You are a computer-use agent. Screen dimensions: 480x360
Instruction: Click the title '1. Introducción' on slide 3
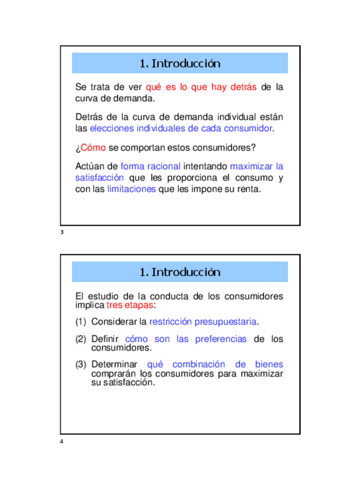(x=179, y=63)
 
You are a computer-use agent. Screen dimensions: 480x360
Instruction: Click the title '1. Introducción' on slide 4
(x=179, y=272)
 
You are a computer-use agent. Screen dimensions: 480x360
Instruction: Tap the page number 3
(x=62, y=233)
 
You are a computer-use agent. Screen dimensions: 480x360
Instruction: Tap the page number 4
(x=62, y=442)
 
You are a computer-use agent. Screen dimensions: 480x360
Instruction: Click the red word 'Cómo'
(x=93, y=148)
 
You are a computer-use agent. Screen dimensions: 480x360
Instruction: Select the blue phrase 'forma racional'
(x=151, y=166)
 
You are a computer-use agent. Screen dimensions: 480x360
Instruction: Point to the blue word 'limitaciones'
(x=131, y=189)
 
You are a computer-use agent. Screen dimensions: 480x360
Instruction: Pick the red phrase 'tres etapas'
(x=130, y=305)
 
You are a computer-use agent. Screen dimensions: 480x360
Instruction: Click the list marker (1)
(x=81, y=322)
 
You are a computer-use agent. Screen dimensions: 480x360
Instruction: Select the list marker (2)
(x=81, y=339)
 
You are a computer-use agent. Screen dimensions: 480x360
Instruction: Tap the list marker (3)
(x=81, y=365)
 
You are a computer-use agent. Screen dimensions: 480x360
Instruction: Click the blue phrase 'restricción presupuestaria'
(x=203, y=322)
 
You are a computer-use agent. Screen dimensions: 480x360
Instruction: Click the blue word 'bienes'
(x=269, y=365)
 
